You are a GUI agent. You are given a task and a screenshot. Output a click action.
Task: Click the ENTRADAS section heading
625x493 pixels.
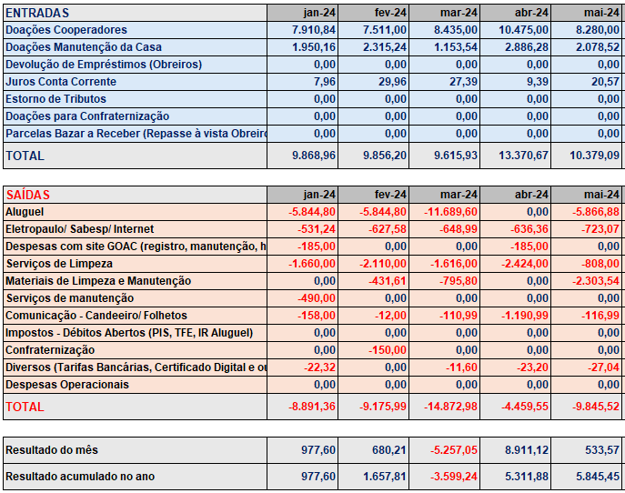pyautogui.click(x=37, y=13)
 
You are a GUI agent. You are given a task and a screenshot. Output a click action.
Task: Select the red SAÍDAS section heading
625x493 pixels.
pyautogui.click(x=27, y=195)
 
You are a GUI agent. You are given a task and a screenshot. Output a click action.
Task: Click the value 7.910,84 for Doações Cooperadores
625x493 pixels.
pyautogui.click(x=314, y=30)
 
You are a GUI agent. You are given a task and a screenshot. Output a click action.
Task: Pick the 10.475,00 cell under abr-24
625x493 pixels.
pyautogui.click(x=523, y=30)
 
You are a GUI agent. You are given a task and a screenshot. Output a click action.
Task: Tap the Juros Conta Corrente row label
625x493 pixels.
pyautogui.click(x=61, y=82)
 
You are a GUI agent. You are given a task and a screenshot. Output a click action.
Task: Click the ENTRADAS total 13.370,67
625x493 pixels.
pyautogui.click(x=523, y=155)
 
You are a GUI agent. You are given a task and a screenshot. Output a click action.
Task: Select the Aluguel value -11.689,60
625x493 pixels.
pyautogui.click(x=450, y=212)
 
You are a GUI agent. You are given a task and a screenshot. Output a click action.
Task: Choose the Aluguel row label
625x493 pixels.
pyautogui.click(x=25, y=212)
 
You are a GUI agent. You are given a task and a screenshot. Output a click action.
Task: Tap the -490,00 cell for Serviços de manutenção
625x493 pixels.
pyautogui.click(x=317, y=298)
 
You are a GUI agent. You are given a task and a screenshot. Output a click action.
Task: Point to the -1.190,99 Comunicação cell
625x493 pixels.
pyautogui.click(x=525, y=316)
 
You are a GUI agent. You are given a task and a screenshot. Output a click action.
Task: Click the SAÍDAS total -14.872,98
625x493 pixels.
pyautogui.click(x=450, y=407)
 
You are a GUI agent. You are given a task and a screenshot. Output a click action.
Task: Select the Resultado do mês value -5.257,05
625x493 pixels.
pyautogui.click(x=454, y=450)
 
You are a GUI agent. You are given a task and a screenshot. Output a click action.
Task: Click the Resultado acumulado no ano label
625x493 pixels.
pyautogui.click(x=80, y=477)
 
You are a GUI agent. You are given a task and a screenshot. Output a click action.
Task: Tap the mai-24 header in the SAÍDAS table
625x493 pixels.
pyautogui.click(x=601, y=195)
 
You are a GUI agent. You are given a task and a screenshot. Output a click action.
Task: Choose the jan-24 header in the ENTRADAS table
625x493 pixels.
pyautogui.click(x=319, y=13)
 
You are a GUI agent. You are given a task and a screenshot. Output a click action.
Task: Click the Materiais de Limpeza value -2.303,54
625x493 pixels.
pyautogui.click(x=596, y=281)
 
